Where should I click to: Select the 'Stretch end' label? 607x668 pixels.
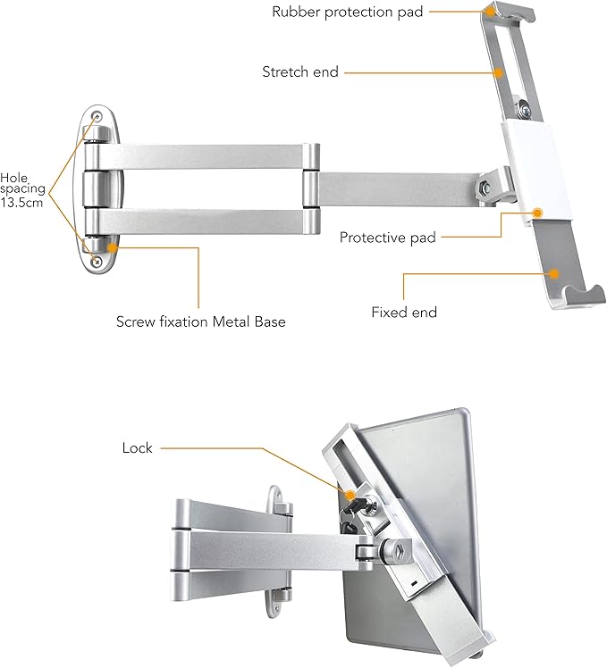[300, 71]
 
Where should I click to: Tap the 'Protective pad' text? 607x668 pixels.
[388, 238]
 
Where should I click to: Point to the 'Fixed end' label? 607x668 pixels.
[404, 313]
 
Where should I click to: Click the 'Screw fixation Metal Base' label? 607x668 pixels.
[200, 321]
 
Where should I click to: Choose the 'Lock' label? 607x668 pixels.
[137, 447]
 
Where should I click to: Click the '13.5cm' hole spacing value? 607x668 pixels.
[21, 204]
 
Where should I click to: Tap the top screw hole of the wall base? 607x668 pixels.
[97, 116]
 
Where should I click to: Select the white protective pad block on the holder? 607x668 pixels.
[527, 179]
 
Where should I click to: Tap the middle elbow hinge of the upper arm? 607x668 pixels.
[310, 188]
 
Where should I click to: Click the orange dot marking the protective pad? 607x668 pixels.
[539, 213]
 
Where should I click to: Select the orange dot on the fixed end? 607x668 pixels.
[555, 275]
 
